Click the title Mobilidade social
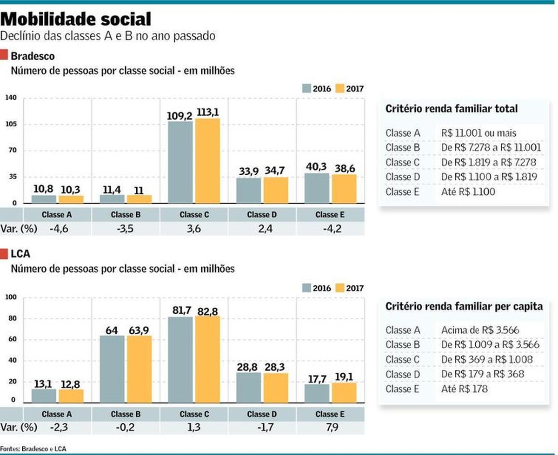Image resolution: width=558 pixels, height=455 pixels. tap(77, 20)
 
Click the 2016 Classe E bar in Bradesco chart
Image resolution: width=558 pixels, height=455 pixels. tap(317, 188)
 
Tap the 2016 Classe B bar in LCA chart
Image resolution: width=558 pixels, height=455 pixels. tap(112, 369)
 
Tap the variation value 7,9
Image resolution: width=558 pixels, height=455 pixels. tap(330, 428)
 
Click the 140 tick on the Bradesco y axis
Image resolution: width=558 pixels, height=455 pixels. tap(11, 98)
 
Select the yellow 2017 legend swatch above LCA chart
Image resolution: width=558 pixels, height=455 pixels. tap(340, 288)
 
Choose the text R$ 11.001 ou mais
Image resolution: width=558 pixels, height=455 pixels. tap(478, 133)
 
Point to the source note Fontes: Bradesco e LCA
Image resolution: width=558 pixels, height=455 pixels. tap(33, 448)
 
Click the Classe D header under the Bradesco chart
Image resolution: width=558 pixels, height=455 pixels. tap(262, 215)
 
